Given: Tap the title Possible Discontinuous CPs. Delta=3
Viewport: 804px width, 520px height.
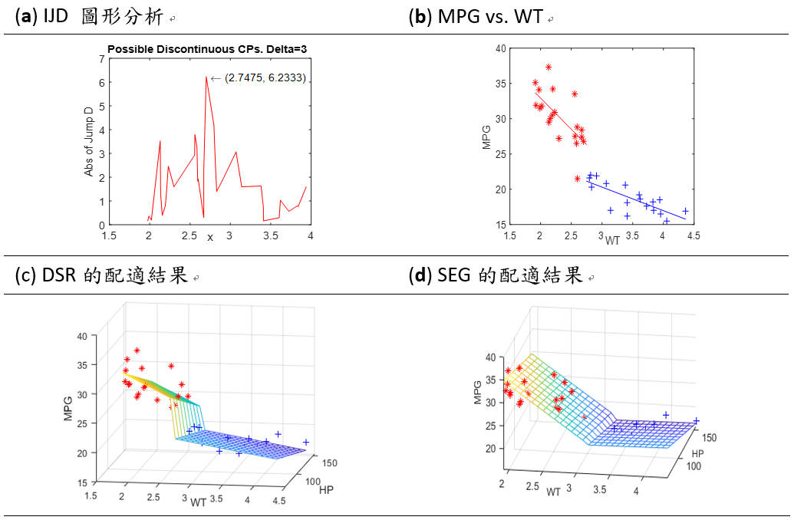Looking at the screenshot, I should tap(207, 49).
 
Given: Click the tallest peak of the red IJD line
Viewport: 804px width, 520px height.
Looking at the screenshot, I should tap(206, 77).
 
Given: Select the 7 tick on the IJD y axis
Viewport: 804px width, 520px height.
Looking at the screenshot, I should tap(100, 58).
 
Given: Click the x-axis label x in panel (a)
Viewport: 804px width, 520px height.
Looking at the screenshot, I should tap(210, 237).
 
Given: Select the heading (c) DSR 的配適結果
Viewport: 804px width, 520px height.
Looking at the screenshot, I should tap(101, 276).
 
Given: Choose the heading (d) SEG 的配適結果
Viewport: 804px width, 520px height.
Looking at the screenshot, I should tap(496, 276).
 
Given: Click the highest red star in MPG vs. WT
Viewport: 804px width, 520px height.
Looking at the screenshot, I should tap(549, 67).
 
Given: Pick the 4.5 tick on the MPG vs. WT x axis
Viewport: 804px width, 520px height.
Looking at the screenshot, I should tap(693, 236).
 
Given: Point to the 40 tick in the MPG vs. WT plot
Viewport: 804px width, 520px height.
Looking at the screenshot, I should tap(500, 48).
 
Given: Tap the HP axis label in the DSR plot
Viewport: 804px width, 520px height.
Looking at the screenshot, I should tap(325, 489).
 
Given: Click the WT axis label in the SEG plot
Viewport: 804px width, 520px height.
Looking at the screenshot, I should tap(554, 492).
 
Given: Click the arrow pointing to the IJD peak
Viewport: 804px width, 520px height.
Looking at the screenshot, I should tap(216, 77).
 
